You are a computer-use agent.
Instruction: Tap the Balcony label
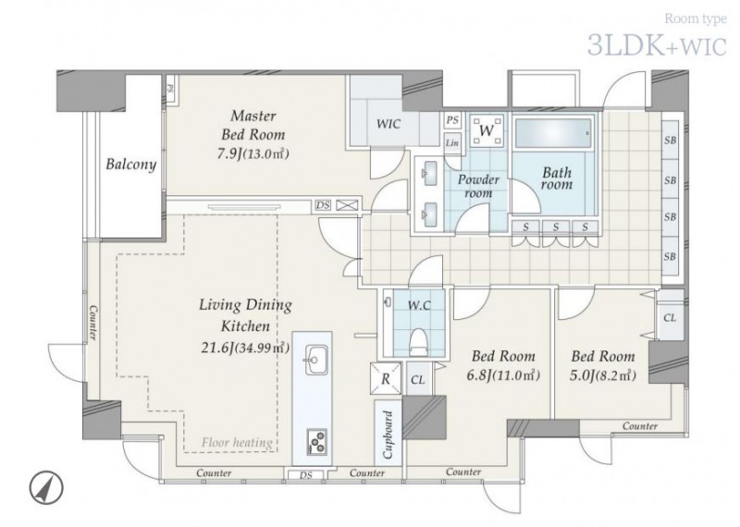130,165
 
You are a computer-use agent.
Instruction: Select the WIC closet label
388,124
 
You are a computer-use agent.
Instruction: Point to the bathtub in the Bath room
552,132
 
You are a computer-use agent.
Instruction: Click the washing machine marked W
487,129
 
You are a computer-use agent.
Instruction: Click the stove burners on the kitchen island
316,442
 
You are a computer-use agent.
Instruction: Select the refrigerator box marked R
386,378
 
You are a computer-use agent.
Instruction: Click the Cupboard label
388,435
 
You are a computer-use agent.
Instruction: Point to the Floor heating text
237,443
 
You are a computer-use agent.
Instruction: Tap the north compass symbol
46,487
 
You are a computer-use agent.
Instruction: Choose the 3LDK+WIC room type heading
657,46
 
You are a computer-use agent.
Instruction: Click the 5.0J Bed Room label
603,365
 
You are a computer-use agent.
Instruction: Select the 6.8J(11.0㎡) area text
503,375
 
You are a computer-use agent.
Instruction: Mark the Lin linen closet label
452,142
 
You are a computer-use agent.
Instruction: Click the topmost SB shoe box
670,140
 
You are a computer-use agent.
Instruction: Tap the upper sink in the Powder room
430,171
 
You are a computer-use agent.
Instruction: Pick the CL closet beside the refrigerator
418,380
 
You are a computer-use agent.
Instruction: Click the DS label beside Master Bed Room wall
323,205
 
